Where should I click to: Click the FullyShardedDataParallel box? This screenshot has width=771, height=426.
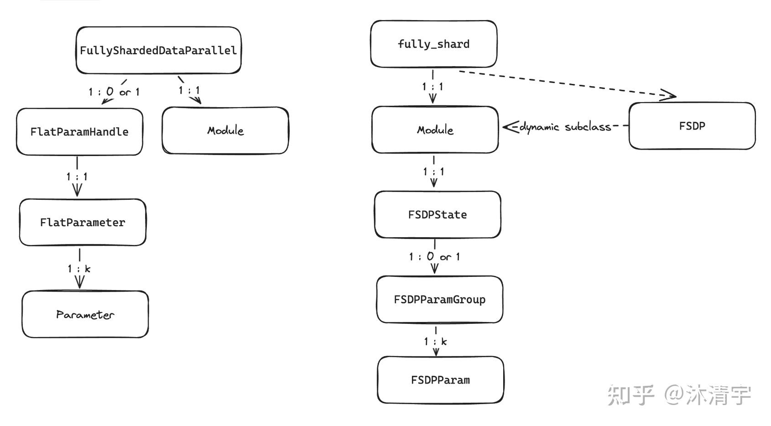click(x=158, y=50)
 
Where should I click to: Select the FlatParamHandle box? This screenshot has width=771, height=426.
click(x=79, y=132)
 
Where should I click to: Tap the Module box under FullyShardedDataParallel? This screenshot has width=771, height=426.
click(x=225, y=130)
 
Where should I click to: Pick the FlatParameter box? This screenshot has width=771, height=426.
click(x=83, y=222)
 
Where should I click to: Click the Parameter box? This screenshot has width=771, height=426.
click(x=85, y=314)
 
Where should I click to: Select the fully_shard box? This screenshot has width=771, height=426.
click(x=433, y=44)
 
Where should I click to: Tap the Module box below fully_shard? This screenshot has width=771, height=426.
click(x=435, y=130)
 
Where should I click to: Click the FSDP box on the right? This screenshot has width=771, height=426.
click(x=692, y=126)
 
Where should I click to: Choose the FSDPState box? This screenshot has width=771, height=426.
click(x=438, y=214)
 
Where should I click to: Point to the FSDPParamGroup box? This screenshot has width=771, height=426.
click(x=439, y=299)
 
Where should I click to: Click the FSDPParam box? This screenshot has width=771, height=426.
click(x=440, y=380)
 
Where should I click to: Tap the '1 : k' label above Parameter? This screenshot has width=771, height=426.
click(x=79, y=269)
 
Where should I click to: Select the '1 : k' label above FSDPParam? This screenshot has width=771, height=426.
click(x=435, y=341)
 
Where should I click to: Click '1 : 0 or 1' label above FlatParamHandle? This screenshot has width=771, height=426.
click(x=114, y=92)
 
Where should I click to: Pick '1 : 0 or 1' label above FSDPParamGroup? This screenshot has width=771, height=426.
click(x=434, y=257)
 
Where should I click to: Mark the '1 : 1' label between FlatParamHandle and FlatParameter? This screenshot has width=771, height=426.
click(x=77, y=176)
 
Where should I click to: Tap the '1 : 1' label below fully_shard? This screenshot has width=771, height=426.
click(x=432, y=86)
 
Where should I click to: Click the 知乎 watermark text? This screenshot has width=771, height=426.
click(x=631, y=395)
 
